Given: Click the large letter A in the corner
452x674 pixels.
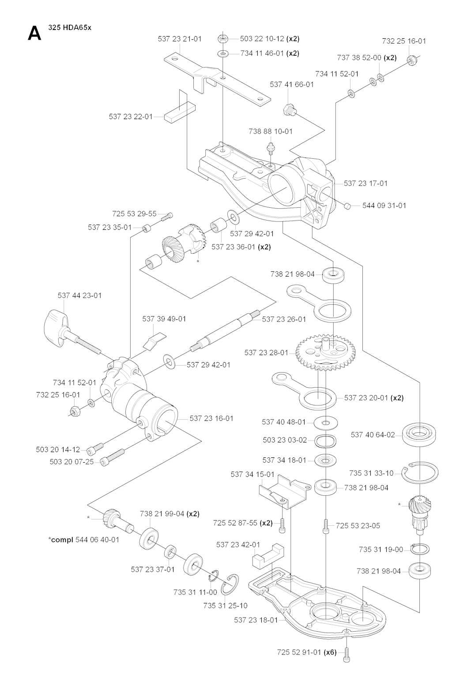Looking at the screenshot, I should click(34, 33).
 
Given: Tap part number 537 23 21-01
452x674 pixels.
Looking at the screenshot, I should click(180, 39).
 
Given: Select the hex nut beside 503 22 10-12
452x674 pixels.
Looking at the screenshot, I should click(222, 39).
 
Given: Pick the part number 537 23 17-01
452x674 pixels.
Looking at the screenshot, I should click(365, 183).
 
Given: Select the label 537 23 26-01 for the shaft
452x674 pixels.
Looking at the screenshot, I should click(284, 319).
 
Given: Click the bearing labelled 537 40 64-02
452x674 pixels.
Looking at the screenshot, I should click(420, 434).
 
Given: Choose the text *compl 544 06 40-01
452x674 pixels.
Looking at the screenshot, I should click(84, 539).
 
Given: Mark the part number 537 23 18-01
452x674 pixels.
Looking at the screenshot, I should click(256, 620).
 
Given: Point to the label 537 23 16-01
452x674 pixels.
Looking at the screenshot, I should click(211, 418).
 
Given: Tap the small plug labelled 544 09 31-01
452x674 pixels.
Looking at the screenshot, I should click(347, 206).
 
